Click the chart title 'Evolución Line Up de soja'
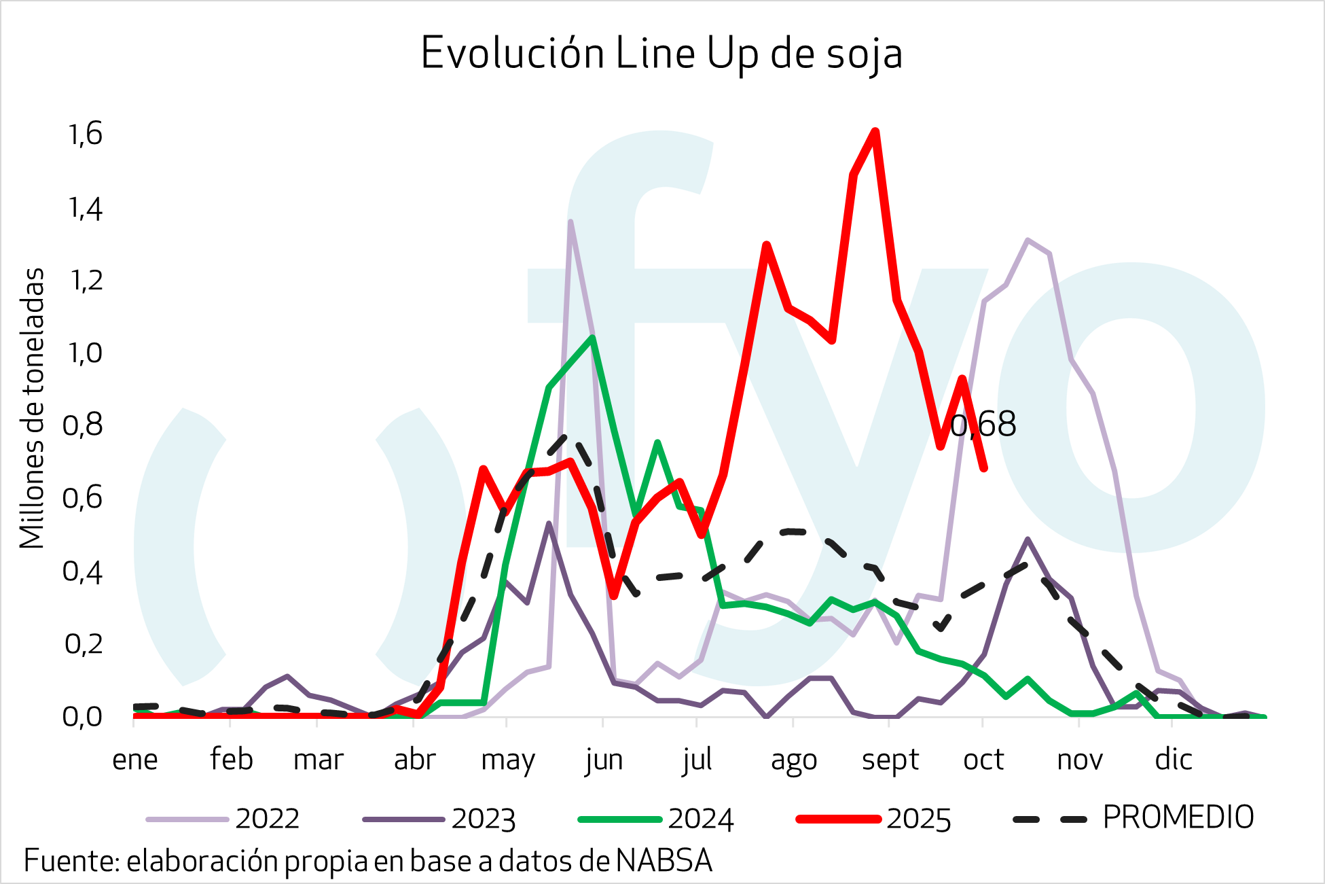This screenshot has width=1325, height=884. [661, 53]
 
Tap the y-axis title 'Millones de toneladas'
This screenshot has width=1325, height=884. [32, 408]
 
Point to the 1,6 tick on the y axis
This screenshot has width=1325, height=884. [86, 134]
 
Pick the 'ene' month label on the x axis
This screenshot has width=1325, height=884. [134, 759]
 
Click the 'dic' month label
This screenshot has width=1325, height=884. [1174, 759]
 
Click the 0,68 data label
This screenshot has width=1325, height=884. [983, 425]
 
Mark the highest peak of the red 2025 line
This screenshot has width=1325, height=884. [875, 131]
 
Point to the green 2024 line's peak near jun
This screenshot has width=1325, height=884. [593, 338]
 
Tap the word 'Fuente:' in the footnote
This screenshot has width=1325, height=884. [71, 861]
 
